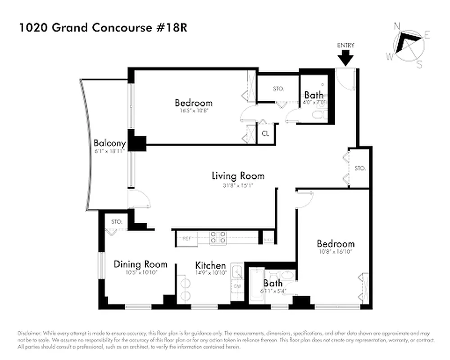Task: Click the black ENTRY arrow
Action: [x=346, y=58]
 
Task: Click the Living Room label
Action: [x=238, y=175]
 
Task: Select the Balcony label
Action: [x=109, y=144]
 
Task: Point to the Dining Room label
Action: [x=140, y=264]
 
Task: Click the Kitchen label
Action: [x=210, y=265]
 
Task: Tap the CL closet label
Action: [x=266, y=134]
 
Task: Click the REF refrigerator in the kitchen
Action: [x=186, y=238]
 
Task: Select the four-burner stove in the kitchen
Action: [x=218, y=237]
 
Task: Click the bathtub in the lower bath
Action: [x=256, y=285]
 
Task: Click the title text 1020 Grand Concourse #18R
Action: [x=103, y=28]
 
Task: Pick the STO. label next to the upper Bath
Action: [x=278, y=89]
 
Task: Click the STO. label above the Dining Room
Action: [x=117, y=222]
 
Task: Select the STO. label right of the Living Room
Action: [x=359, y=168]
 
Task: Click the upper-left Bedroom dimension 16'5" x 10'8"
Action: [x=193, y=111]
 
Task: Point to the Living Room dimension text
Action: [x=238, y=184]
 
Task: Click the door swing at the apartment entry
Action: [x=345, y=79]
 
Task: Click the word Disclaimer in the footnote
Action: [x=30, y=333]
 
